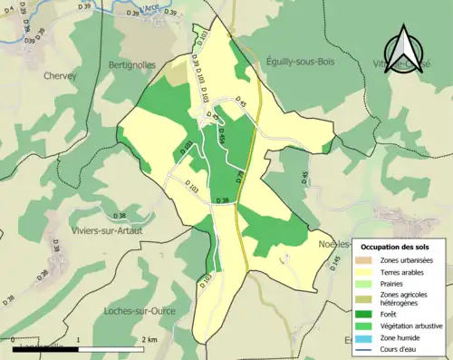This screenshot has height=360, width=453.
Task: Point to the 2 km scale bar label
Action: [x=148, y=339]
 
